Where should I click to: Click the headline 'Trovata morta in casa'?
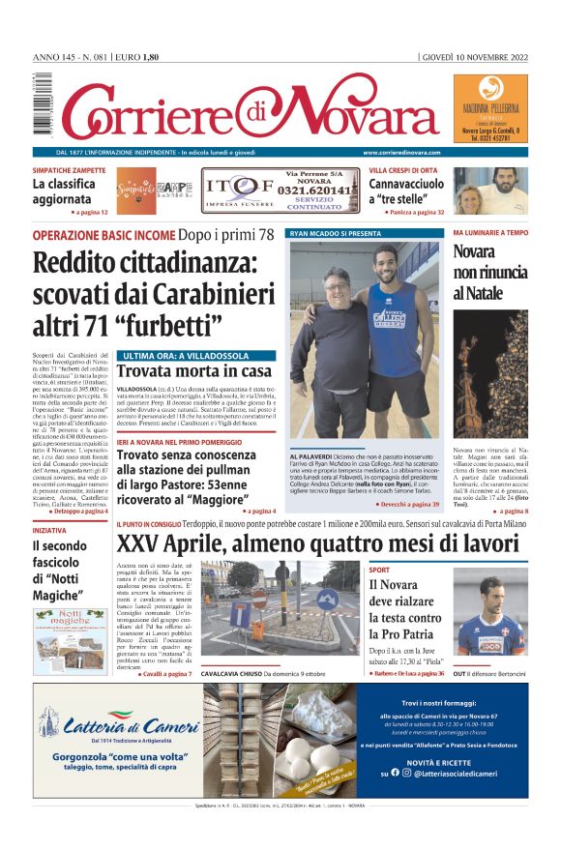[194, 371]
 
